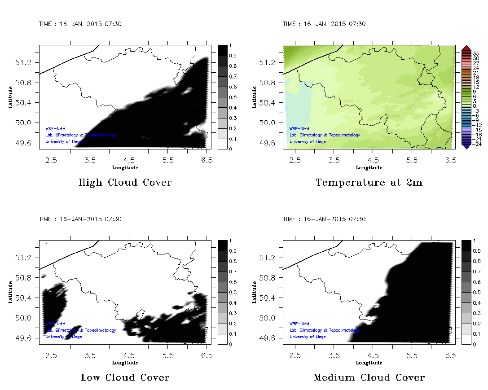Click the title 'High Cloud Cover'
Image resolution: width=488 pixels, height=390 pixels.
pos(125,183)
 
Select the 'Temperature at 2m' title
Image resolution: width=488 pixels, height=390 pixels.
pos(369,183)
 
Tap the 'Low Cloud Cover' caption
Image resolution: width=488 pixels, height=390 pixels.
pos(125,377)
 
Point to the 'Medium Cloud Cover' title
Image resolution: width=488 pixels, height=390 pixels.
pos(369,377)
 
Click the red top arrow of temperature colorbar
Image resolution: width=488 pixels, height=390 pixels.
pos(466,48)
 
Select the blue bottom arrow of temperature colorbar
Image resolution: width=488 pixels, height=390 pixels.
pos(466,145)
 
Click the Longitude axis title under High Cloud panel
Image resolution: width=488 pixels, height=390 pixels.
pos(125,167)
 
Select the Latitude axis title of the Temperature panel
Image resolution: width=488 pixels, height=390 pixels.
pos(255,97)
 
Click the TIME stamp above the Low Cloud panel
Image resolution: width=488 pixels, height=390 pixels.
pos(80,219)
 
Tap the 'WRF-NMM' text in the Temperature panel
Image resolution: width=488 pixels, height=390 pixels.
pos(299,128)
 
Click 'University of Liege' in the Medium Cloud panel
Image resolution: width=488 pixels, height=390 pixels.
pos(308,337)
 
